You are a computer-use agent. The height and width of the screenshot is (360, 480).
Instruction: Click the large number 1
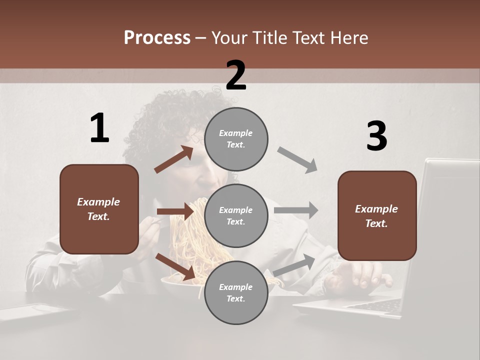coord(99,128)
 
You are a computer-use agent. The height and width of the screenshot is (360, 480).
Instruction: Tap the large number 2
coord(236,75)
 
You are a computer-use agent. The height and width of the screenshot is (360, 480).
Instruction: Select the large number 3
coord(376,136)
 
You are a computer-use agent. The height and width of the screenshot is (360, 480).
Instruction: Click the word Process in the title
coord(157,37)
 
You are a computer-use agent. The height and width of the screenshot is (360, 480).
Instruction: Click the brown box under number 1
coord(99,209)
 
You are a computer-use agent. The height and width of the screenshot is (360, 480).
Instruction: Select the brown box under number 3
coord(377,215)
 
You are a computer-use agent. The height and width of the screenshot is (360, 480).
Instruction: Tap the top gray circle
coord(236,139)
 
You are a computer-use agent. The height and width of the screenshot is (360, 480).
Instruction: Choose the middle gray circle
coord(236,215)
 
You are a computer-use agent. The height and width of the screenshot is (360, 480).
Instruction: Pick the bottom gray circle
coord(236,292)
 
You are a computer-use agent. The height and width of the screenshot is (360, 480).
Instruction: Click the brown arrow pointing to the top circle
coord(173,159)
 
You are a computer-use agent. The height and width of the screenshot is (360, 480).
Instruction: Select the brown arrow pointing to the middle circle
coord(175,211)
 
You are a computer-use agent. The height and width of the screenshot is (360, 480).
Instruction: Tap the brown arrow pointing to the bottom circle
coord(175,266)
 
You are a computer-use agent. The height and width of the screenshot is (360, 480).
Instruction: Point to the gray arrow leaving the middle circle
coord(296,210)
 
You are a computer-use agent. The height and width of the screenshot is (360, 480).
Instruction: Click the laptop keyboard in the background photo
coord(372,304)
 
